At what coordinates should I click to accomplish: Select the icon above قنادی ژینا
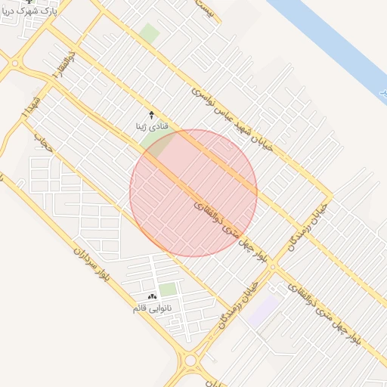click(151, 114)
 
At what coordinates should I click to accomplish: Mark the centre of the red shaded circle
click(193, 193)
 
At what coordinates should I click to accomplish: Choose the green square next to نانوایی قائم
click(168, 289)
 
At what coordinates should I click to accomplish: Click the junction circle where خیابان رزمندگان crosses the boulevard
click(271, 268)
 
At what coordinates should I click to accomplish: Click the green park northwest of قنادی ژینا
click(150, 33)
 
